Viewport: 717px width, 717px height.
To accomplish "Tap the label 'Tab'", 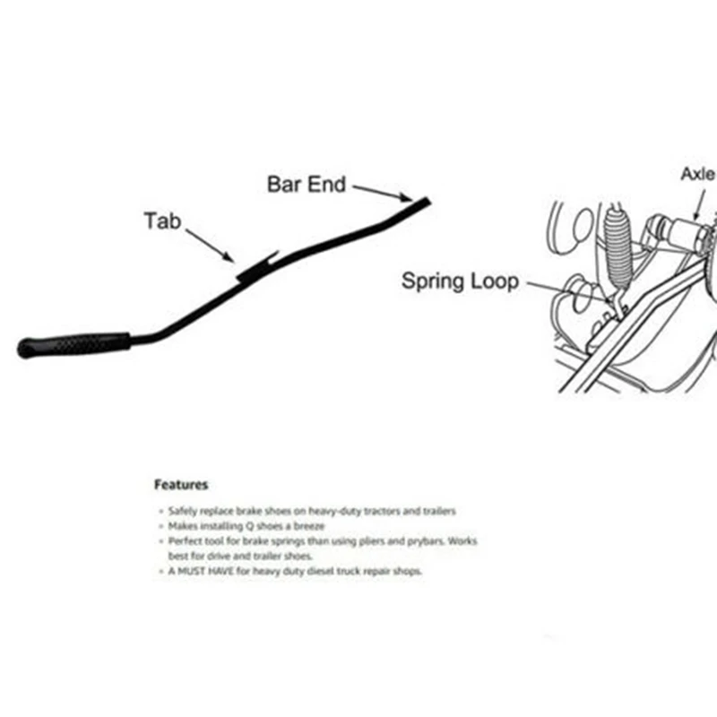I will [162, 220].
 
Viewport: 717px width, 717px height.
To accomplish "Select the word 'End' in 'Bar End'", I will [328, 185].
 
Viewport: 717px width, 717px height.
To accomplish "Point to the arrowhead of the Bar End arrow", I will [408, 198].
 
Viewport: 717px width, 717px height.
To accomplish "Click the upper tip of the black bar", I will [427, 202].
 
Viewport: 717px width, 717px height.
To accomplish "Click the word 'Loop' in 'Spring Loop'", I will [496, 281].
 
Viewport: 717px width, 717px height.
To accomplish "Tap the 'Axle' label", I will [698, 174].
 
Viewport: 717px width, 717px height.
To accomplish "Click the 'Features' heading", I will [181, 485].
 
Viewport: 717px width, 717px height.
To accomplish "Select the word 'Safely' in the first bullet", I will [182, 510].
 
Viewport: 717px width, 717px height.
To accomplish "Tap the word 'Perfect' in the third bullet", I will [184, 541].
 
